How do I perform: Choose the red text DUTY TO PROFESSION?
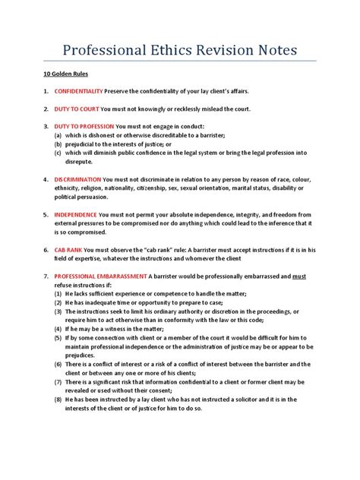[x=84, y=126]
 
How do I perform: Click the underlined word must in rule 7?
[x=298, y=276]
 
